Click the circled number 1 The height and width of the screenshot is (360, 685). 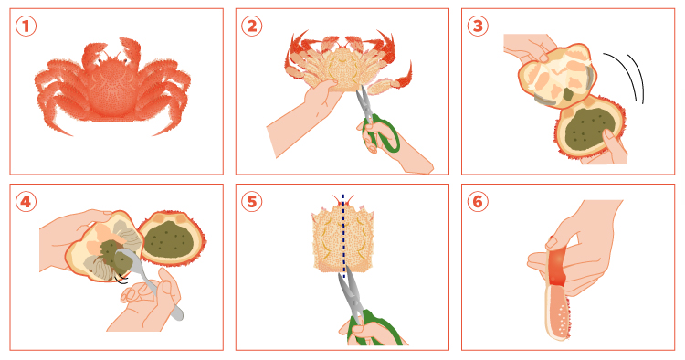click(26, 26)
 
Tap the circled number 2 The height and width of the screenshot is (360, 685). click(252, 26)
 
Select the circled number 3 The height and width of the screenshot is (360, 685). click(478, 26)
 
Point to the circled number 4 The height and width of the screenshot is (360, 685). click(26, 202)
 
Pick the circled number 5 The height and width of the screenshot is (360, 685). click(252, 202)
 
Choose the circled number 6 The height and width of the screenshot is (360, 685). click(478, 202)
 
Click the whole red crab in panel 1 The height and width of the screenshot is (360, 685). click(112, 87)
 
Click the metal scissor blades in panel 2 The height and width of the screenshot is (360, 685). click(364, 101)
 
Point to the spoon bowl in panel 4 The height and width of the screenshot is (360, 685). click(129, 260)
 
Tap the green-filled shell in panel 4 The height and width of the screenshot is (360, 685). click(172, 238)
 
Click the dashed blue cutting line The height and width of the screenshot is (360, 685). click(343, 236)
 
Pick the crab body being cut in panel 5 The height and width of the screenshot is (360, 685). click(343, 238)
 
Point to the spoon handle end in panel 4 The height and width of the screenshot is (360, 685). click(177, 314)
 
